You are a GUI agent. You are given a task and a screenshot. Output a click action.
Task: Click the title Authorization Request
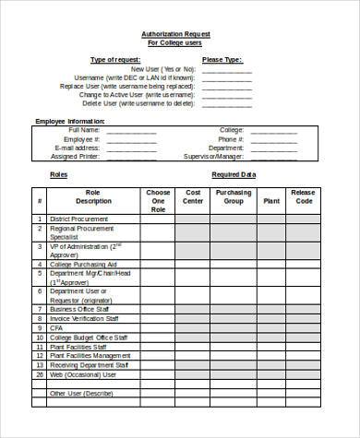(x=175, y=34)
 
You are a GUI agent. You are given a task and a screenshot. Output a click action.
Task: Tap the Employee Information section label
(x=71, y=121)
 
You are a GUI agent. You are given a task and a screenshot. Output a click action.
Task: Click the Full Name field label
(x=82, y=130)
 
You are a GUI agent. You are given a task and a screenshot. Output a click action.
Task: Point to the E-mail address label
(x=77, y=147)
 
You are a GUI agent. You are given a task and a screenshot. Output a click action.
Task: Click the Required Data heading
(x=233, y=173)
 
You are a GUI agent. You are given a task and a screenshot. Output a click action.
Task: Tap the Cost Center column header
(x=192, y=195)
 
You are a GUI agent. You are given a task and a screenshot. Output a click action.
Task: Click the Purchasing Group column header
(x=234, y=195)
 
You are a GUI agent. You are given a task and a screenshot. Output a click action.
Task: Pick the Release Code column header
(x=303, y=195)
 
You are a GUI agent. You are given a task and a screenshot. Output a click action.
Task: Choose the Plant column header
(x=270, y=199)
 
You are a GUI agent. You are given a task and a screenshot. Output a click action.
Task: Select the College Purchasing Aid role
(x=86, y=264)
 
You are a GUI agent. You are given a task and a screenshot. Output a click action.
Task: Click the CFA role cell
(x=57, y=326)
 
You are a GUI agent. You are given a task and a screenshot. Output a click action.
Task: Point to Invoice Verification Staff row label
(x=90, y=317)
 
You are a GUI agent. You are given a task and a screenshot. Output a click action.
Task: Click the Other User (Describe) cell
(x=82, y=393)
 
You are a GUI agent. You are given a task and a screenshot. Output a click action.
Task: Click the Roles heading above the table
(x=58, y=173)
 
